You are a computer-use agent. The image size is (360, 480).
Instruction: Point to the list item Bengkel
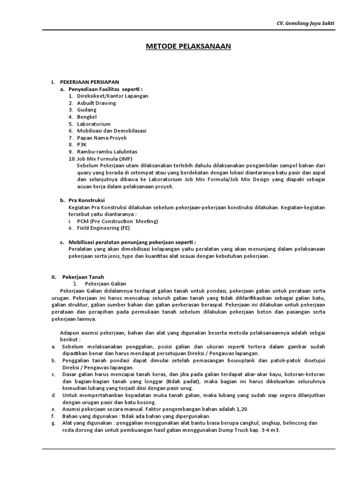point(88,117)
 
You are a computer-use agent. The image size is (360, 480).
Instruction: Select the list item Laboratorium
point(94,124)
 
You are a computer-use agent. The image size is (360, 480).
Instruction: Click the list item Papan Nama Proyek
point(102,138)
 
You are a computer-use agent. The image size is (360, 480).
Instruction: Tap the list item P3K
point(82,145)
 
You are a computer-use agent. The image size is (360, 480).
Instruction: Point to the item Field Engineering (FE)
point(105,228)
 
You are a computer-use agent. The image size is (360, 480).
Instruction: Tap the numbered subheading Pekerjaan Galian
point(105,284)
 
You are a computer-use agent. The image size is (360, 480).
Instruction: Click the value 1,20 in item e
point(242,409)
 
